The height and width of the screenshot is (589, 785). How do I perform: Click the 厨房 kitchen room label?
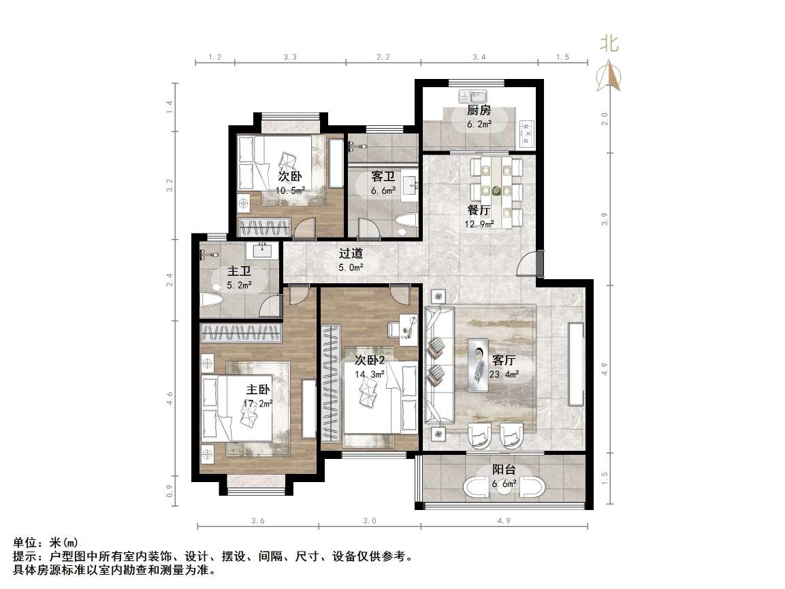[x=479, y=110]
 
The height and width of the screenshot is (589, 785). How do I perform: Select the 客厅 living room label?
[x=503, y=360]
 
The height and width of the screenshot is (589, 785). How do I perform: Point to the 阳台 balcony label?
[x=504, y=469]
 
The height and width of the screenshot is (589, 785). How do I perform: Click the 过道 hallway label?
[x=351, y=253]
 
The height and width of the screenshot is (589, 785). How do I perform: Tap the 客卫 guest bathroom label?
[x=383, y=176]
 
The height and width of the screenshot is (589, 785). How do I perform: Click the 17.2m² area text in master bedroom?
[x=259, y=403]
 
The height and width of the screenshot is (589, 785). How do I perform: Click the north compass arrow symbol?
[x=609, y=76]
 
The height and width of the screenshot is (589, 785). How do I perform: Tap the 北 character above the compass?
[x=609, y=44]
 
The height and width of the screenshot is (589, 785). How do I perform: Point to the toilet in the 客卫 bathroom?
[x=406, y=223]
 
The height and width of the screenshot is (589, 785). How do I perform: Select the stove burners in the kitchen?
[x=528, y=134]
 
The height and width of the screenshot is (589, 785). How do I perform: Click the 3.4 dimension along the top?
[x=478, y=57]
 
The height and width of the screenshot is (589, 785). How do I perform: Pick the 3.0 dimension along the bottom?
[x=369, y=521]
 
